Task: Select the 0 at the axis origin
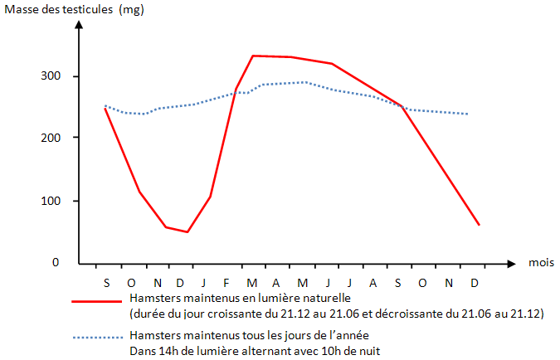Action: pyautogui.click(x=56, y=262)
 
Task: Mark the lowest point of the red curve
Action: pyautogui.click(x=187, y=231)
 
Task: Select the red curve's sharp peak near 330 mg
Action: pyautogui.click(x=253, y=56)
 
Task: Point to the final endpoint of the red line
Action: pyautogui.click(x=479, y=225)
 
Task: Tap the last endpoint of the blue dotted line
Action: pyautogui.click(x=469, y=114)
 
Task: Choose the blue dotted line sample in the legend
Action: pyautogui.click(x=97, y=338)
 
